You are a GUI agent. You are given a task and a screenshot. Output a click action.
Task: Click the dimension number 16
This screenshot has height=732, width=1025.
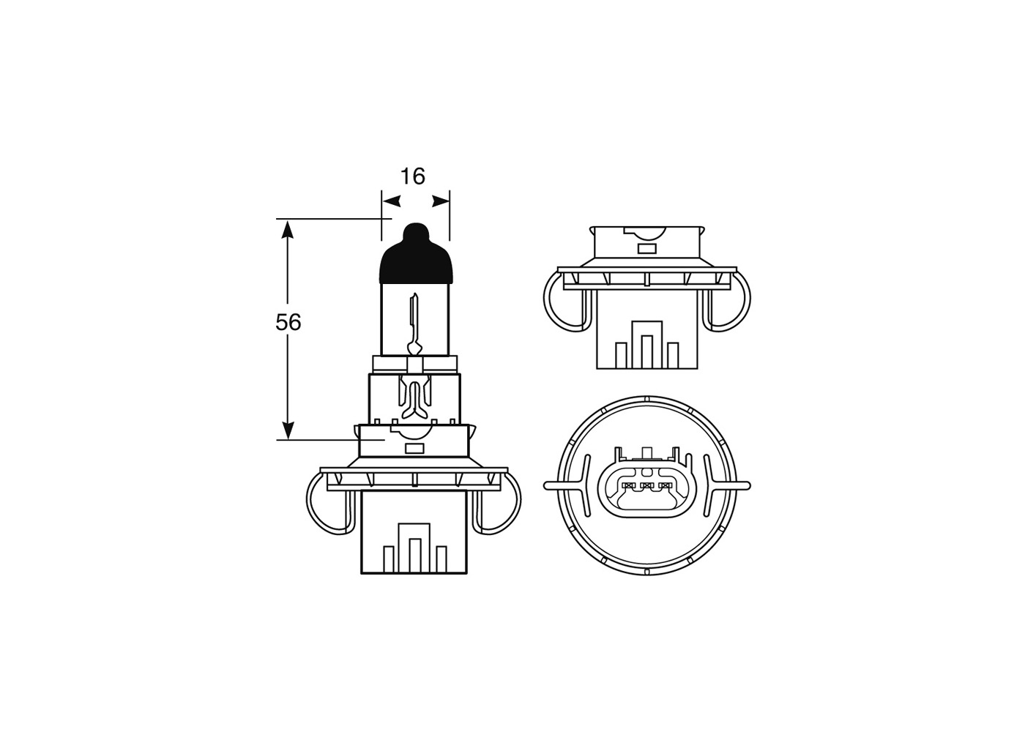[413, 176]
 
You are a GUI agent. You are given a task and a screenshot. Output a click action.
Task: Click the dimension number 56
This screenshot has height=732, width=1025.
[288, 322]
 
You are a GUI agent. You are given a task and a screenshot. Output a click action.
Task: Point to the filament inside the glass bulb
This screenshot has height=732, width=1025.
[414, 322]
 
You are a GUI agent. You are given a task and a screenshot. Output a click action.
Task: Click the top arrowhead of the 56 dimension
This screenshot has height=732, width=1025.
[288, 228]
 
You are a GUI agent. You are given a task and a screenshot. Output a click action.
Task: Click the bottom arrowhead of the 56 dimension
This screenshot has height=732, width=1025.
[288, 430]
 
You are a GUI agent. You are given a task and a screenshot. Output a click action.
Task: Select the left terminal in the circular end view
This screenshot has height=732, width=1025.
[627, 485]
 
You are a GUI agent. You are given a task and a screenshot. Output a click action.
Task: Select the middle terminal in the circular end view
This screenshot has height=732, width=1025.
[646, 485]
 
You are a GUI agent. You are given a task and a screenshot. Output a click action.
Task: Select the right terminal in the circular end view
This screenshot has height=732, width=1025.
[665, 485]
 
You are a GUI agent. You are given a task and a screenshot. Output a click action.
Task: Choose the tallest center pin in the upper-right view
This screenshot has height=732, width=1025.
[646, 351]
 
